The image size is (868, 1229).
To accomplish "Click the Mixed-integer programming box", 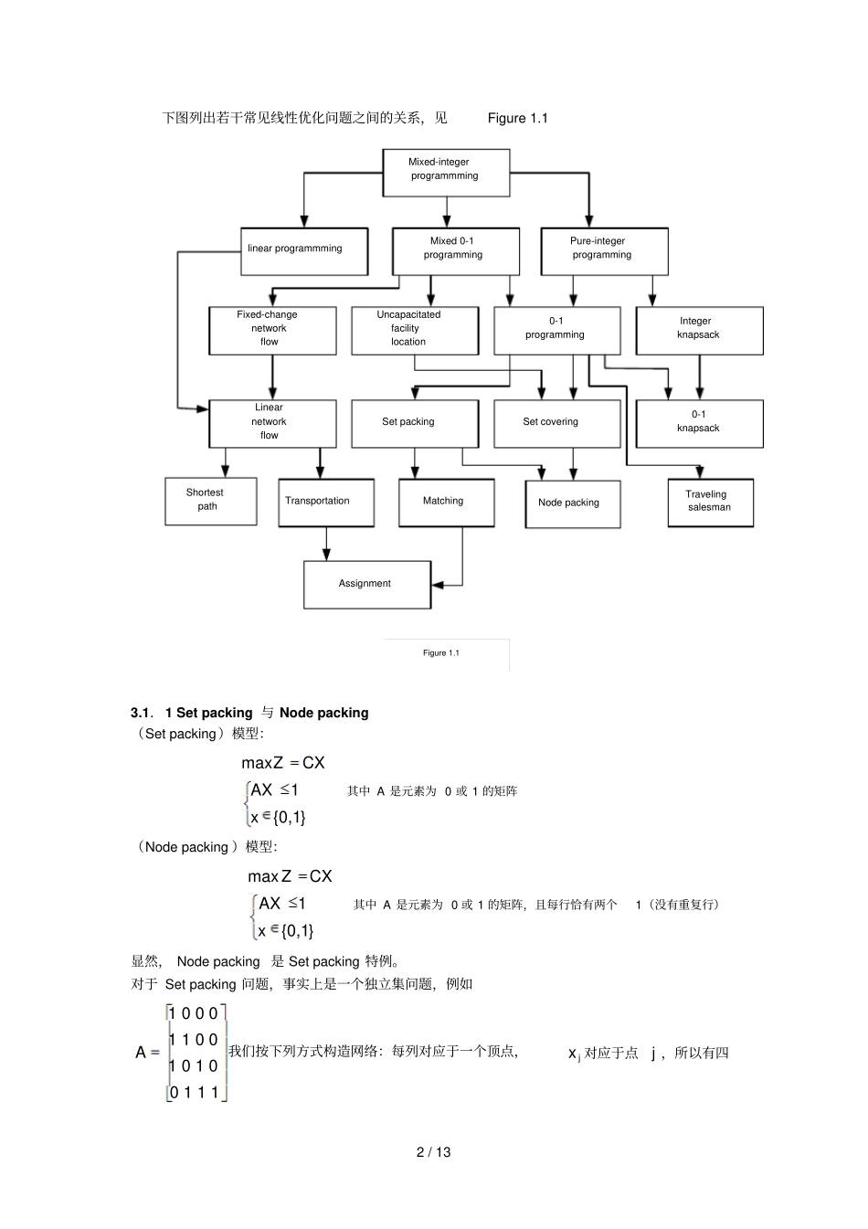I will click(x=446, y=172).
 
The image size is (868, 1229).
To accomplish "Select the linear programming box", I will click(x=304, y=251).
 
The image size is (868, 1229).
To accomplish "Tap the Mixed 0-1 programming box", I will click(x=456, y=251).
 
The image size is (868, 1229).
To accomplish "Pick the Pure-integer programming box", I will click(x=604, y=251).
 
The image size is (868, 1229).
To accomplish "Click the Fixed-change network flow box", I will click(x=272, y=330).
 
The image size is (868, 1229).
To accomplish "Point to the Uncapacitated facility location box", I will click(x=415, y=330).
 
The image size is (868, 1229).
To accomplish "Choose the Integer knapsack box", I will click(x=699, y=330).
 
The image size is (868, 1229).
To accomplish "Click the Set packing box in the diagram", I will click(x=415, y=423).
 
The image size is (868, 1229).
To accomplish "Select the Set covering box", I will click(x=556, y=423).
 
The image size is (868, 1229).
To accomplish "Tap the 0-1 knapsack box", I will click(x=699, y=423).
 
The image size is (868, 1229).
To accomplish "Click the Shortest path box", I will click(x=210, y=501).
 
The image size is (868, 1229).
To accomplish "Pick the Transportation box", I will click(x=326, y=503).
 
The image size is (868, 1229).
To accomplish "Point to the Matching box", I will click(x=446, y=503).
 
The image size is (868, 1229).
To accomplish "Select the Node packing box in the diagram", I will click(x=572, y=503).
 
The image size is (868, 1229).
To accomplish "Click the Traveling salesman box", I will click(x=710, y=503).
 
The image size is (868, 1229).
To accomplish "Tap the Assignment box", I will click(x=366, y=585).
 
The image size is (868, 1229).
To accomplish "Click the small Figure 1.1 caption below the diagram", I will click(x=441, y=653).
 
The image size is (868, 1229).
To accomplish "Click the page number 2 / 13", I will click(x=434, y=1152).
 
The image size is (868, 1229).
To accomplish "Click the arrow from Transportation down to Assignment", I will click(x=326, y=544).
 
